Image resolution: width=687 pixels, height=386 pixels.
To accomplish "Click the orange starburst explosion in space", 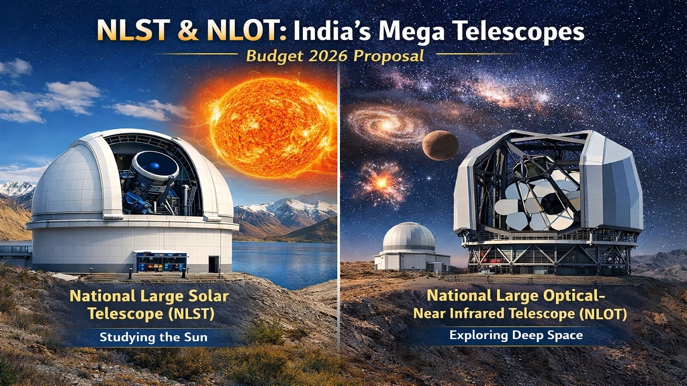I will tap(382, 182).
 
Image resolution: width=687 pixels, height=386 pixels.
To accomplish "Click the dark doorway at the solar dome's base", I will tap(213, 264).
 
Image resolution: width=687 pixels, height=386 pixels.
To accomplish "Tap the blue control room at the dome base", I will tap(161, 262).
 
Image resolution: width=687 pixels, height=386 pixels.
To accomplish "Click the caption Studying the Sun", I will tap(153, 337).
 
